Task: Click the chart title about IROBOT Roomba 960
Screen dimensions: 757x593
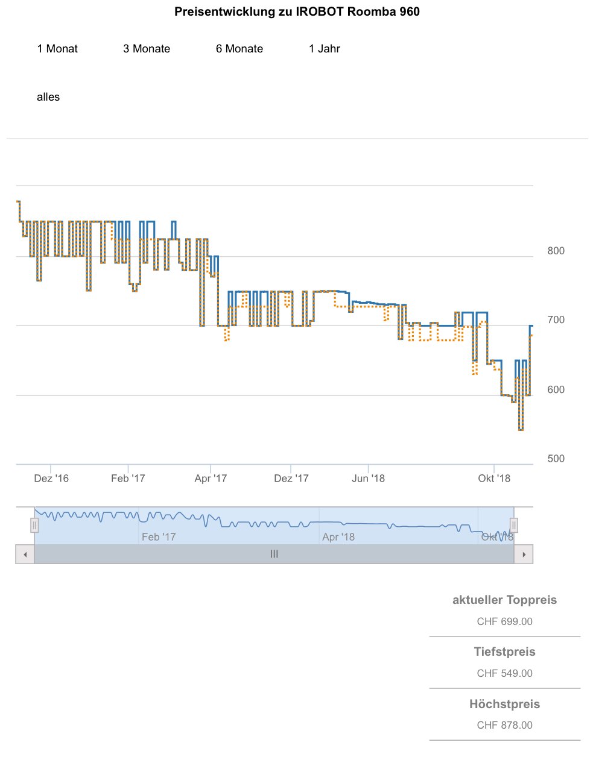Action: (x=297, y=11)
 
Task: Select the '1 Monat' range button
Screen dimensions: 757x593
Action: (x=57, y=49)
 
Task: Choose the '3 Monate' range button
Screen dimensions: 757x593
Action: (x=147, y=49)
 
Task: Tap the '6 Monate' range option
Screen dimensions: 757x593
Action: (x=239, y=49)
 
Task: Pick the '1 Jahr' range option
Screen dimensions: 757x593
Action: (x=325, y=49)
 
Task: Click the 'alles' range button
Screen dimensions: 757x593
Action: (x=48, y=97)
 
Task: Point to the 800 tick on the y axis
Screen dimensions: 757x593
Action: (x=556, y=251)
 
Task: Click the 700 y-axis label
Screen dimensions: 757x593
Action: (x=556, y=320)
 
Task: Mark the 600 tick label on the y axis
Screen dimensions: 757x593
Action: (x=556, y=389)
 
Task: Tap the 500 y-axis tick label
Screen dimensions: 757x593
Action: (x=556, y=459)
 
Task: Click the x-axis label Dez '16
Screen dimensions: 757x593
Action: (x=51, y=479)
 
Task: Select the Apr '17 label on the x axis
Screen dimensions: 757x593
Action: (x=211, y=479)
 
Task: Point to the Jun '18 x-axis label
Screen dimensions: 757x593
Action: (x=368, y=479)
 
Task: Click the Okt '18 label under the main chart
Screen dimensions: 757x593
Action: (x=494, y=479)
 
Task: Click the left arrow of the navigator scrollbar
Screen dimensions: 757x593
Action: (x=25, y=554)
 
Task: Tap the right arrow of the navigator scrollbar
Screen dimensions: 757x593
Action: (x=524, y=554)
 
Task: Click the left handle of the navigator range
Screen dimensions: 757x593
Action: (x=34, y=526)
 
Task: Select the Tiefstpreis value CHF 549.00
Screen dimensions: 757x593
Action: (x=504, y=673)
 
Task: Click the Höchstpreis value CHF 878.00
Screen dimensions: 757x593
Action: (x=504, y=725)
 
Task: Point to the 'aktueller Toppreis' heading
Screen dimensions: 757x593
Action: (x=504, y=600)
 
